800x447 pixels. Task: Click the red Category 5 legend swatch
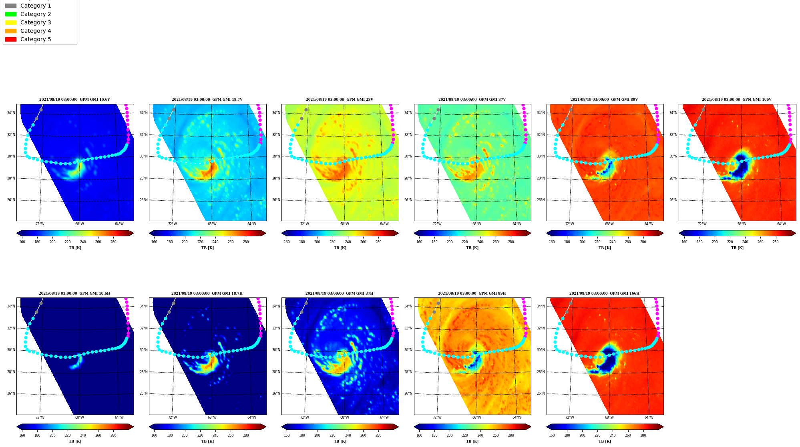[11, 39]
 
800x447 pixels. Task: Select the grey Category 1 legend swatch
[11, 6]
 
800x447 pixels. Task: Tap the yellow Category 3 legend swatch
[11, 22]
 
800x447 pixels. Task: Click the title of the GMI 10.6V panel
[74, 100]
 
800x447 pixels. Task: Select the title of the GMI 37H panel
[340, 293]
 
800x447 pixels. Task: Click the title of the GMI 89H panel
[472, 293]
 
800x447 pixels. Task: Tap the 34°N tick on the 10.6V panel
[11, 113]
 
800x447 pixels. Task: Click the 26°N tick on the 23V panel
[276, 200]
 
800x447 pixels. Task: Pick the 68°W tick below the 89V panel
[609, 224]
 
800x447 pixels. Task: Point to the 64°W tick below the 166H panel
[649, 417]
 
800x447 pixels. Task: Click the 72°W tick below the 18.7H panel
[172, 417]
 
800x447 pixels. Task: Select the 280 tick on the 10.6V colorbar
[113, 242]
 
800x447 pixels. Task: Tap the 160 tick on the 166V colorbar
[684, 242]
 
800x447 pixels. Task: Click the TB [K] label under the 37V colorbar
[472, 248]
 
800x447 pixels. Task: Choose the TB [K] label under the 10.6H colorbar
[75, 441]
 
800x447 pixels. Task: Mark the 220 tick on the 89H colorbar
[465, 435]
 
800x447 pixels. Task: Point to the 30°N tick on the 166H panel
[541, 350]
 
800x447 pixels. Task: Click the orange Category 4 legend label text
[36, 31]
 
